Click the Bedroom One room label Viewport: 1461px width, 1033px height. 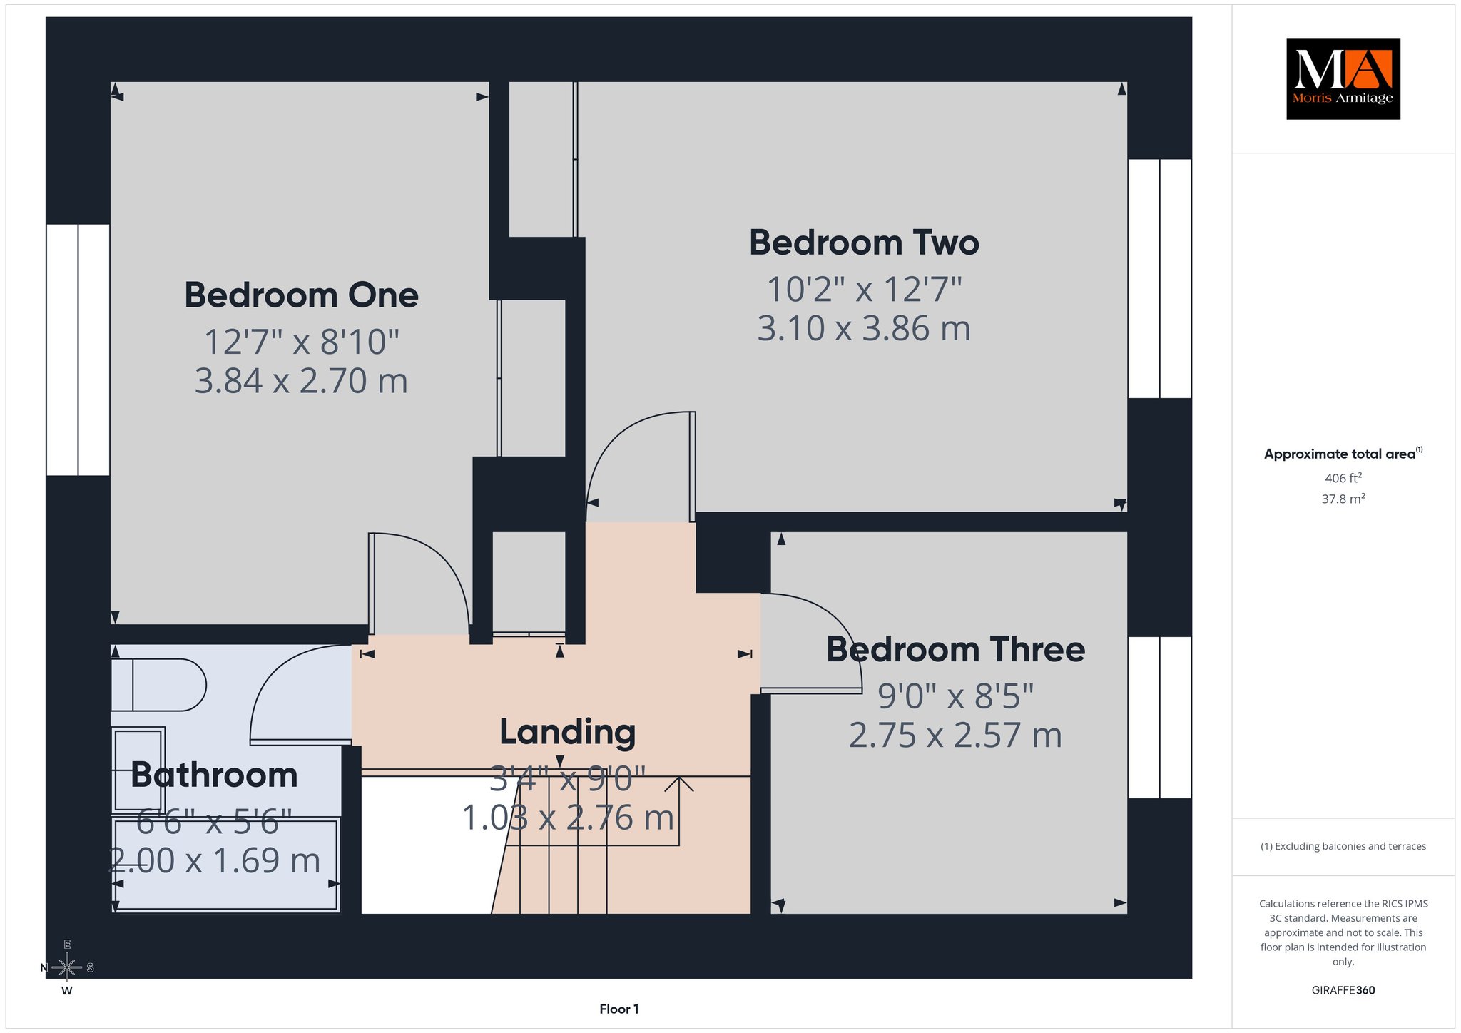pyautogui.click(x=301, y=295)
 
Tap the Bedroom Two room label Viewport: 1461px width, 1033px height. pyautogui.click(x=864, y=243)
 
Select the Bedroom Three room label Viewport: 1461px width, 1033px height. pyautogui.click(x=955, y=650)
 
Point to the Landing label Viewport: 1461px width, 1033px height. pyautogui.click(x=567, y=733)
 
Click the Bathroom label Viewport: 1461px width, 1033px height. pyautogui.click(x=214, y=775)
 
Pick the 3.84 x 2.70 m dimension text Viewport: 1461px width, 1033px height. pyautogui.click(x=301, y=381)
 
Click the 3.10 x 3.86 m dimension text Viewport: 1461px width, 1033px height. pyautogui.click(x=864, y=329)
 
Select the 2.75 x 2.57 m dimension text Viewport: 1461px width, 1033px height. pyautogui.click(x=955, y=736)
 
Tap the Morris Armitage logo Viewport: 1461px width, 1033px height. pyautogui.click(x=1343, y=78)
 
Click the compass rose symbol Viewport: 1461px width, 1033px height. pyautogui.click(x=67, y=967)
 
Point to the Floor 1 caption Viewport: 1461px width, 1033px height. pyautogui.click(x=619, y=1009)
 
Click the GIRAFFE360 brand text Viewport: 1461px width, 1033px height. pyautogui.click(x=1343, y=990)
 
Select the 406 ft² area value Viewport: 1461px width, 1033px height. pyautogui.click(x=1343, y=478)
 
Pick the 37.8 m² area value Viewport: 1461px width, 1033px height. pyautogui.click(x=1343, y=499)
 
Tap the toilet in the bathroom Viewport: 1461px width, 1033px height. pyautogui.click(x=158, y=685)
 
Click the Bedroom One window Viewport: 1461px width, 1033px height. pyautogui.click(x=78, y=350)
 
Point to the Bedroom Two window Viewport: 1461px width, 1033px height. pyautogui.click(x=1160, y=278)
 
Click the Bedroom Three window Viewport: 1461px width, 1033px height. pyautogui.click(x=1160, y=717)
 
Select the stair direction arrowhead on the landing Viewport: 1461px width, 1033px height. pyautogui.click(x=679, y=784)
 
